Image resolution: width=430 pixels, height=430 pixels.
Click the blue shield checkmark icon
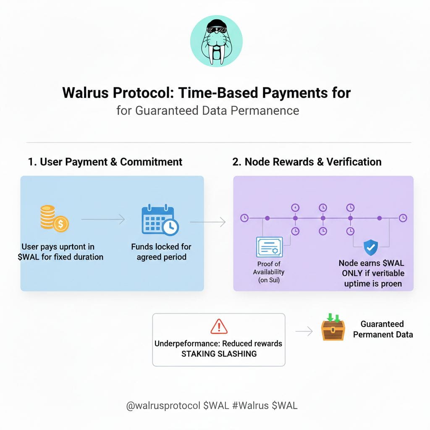pos(370,248)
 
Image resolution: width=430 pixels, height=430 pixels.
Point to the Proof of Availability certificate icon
pos(269,246)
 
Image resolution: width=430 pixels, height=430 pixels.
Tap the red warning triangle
pos(218,326)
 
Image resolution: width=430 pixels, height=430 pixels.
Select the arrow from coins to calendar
pos(103,219)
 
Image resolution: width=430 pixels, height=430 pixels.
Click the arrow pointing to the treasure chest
pos(304,332)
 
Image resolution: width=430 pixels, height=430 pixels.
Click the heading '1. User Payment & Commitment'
pos(105,162)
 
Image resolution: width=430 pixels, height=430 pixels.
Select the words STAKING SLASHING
pos(218,354)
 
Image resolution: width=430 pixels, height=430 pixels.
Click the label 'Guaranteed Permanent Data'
pos(383,329)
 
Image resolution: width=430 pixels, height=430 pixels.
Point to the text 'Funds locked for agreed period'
pos(161,252)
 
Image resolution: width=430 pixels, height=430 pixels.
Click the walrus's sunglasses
pos(216,29)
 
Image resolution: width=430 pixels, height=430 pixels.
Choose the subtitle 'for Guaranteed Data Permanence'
pos(208,110)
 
